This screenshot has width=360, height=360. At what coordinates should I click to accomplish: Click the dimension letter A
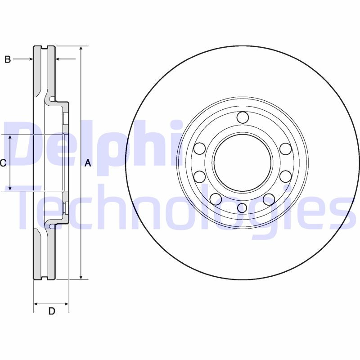tap(88, 163)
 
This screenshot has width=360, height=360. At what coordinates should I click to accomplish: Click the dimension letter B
tap(8, 59)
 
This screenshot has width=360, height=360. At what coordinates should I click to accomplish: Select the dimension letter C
tap(3, 163)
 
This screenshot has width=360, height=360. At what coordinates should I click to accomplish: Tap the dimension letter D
tap(52, 310)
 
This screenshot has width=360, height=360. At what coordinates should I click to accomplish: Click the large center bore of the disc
tap(243, 162)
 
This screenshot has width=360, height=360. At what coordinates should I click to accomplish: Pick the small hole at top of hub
tap(243, 117)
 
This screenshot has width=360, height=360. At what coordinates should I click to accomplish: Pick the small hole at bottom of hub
tap(242, 207)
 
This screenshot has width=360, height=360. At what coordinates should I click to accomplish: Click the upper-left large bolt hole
tap(200, 148)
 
